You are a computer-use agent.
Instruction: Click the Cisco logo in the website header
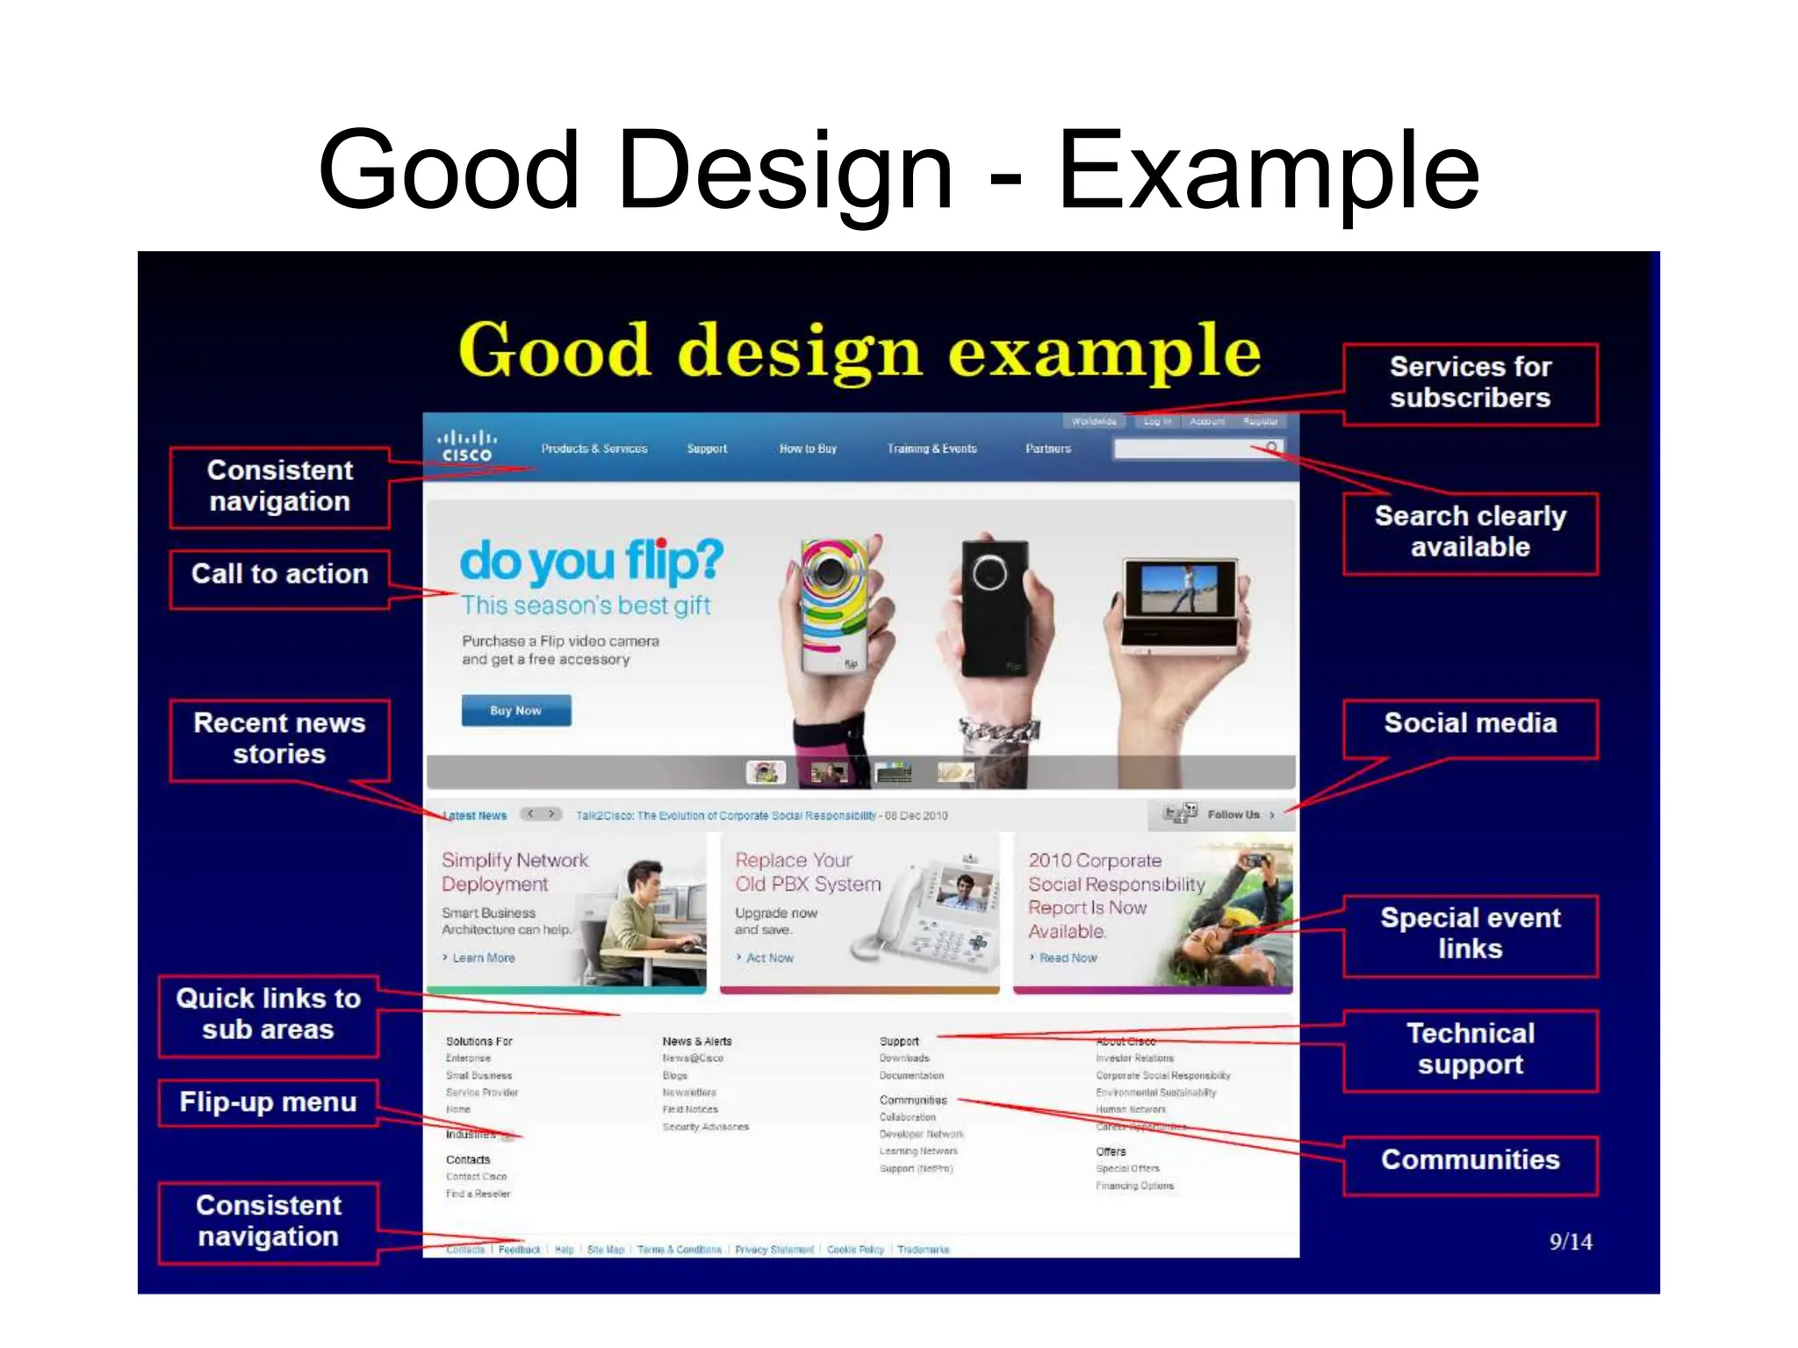coord(466,446)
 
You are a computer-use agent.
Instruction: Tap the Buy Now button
coord(516,710)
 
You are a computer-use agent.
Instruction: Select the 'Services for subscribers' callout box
coord(1470,384)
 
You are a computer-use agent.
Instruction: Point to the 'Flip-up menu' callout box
coord(268,1102)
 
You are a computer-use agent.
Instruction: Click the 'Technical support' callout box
coord(1470,1050)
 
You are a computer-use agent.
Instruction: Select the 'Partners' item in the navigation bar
coord(1047,448)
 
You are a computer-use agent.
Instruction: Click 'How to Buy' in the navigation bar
coord(808,448)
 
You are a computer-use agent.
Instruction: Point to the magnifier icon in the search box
coord(1271,448)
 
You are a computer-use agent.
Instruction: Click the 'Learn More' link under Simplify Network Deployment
coord(483,957)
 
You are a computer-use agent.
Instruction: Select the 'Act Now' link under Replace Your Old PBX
coord(769,957)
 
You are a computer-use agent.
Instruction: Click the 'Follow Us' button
coord(1233,814)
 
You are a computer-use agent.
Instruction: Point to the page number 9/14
coord(1570,1242)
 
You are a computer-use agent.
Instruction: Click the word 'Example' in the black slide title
coord(1269,171)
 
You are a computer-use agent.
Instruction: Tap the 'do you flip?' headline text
coord(591,562)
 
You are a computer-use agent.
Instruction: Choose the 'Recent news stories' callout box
coord(279,739)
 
